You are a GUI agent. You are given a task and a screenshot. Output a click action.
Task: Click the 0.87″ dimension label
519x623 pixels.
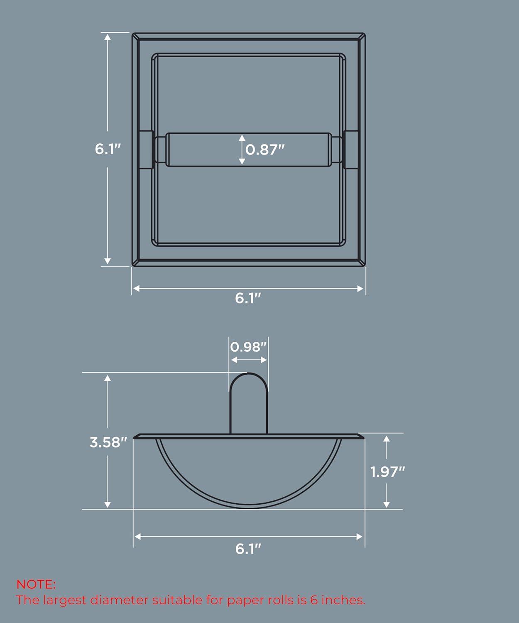point(265,150)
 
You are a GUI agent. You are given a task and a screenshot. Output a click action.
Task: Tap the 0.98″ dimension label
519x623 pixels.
point(248,347)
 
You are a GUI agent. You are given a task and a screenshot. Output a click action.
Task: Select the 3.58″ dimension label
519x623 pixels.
point(108,442)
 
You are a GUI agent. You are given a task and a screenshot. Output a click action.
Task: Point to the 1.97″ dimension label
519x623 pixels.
point(387,472)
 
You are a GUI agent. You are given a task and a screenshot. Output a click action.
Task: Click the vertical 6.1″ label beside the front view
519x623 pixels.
point(108,149)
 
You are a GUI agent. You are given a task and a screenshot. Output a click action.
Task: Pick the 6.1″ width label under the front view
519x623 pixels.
point(248,298)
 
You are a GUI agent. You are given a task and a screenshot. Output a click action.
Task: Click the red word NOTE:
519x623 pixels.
point(36,584)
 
